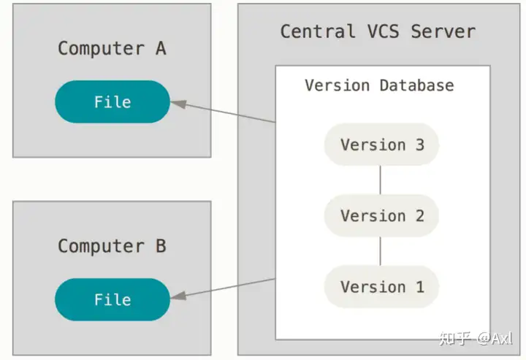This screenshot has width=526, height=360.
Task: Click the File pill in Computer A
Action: (x=113, y=102)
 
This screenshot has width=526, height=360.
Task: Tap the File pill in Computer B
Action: (x=113, y=299)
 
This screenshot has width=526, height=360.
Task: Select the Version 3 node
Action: (x=381, y=145)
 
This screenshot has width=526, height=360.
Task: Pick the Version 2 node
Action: (x=381, y=215)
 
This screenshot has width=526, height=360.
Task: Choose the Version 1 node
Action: (x=381, y=286)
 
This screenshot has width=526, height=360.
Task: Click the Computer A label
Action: (x=112, y=48)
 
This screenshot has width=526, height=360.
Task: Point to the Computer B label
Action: (x=112, y=246)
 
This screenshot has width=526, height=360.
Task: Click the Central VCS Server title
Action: (x=378, y=31)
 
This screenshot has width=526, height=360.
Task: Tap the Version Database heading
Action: (x=379, y=85)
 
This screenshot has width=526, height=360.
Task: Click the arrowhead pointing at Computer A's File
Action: (x=178, y=104)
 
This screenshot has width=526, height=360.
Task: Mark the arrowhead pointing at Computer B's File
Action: (x=178, y=296)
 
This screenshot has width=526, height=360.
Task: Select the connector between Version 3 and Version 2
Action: (x=380, y=180)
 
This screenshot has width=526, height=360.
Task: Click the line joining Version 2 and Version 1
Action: (x=380, y=251)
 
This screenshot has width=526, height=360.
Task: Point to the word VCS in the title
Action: (x=383, y=31)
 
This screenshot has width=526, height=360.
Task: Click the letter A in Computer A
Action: (x=161, y=48)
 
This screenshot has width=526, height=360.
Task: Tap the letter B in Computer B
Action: (x=161, y=246)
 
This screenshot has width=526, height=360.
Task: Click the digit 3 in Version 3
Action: (x=420, y=145)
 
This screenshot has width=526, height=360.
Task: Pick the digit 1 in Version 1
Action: (x=420, y=287)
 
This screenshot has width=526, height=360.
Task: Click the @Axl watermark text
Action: (x=494, y=339)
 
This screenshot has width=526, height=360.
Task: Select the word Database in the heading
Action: (x=416, y=85)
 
